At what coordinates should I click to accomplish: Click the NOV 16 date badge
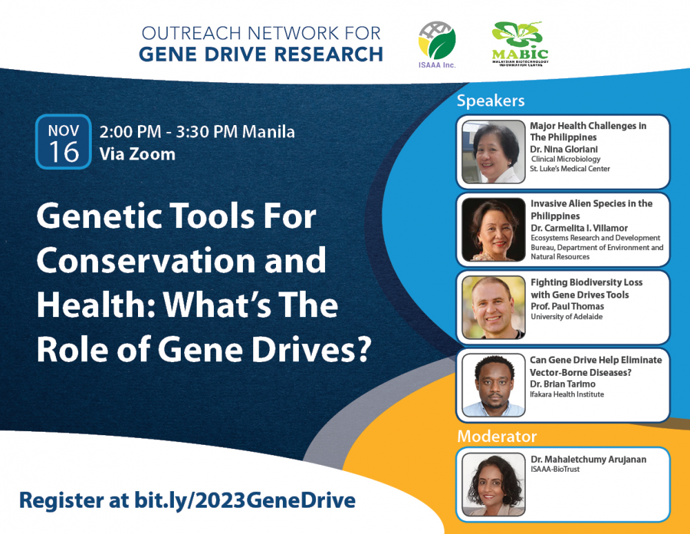(x=63, y=142)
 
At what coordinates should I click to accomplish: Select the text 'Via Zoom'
(x=137, y=154)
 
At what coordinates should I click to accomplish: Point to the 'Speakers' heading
(x=491, y=101)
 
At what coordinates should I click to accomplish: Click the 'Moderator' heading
(x=497, y=436)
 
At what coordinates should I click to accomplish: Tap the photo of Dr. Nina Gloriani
(x=494, y=151)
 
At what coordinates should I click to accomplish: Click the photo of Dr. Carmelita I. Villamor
(x=494, y=229)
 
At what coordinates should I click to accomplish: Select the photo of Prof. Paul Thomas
(x=494, y=307)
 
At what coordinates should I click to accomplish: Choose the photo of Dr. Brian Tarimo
(x=494, y=385)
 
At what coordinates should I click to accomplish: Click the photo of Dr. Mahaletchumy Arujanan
(x=494, y=484)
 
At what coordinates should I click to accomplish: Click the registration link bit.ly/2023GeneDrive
(x=245, y=501)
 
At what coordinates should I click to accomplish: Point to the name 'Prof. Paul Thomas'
(x=567, y=306)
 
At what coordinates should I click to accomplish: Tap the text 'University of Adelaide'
(x=566, y=317)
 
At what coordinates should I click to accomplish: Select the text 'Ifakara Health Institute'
(x=566, y=394)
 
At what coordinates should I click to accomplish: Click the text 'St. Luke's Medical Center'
(x=570, y=169)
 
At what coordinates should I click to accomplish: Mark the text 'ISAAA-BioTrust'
(x=555, y=469)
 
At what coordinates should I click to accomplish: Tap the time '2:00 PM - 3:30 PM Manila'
(x=197, y=132)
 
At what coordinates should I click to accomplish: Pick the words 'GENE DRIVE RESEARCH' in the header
(x=261, y=54)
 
